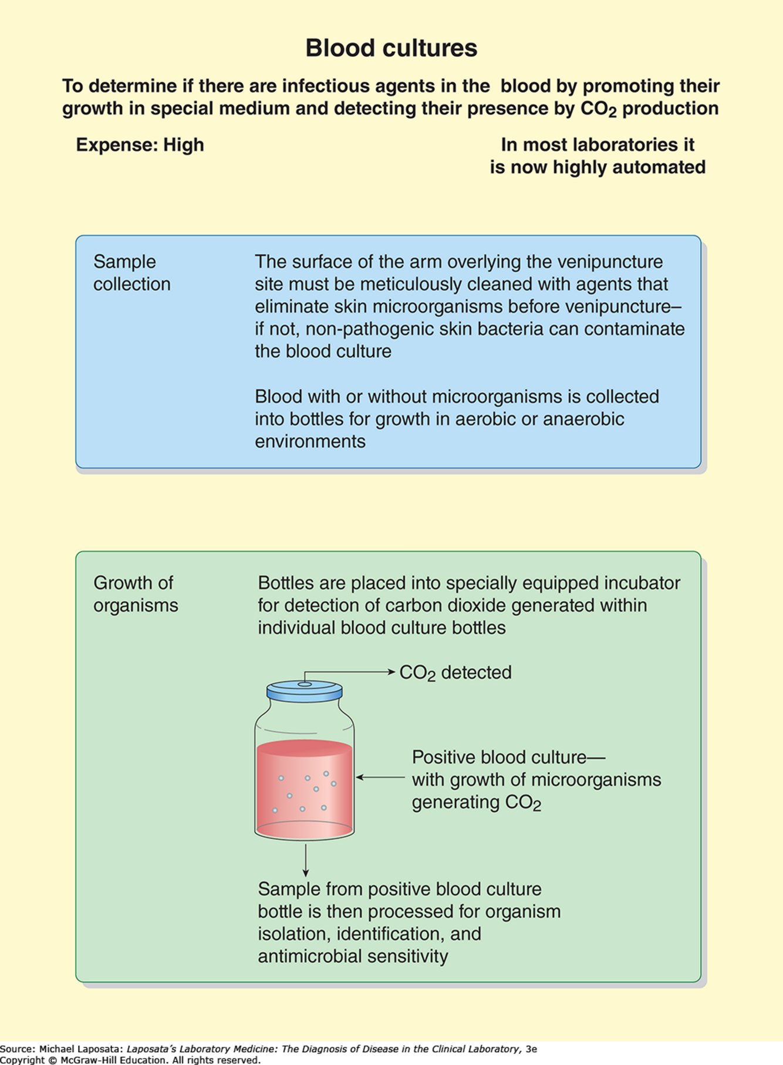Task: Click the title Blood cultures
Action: [391, 48]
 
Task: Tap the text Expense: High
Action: [140, 145]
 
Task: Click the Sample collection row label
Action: [131, 273]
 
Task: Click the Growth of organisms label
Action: [135, 594]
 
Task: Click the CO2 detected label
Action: [455, 672]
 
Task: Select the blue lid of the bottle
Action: [304, 691]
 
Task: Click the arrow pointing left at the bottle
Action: [380, 777]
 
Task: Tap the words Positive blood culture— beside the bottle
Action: [508, 757]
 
